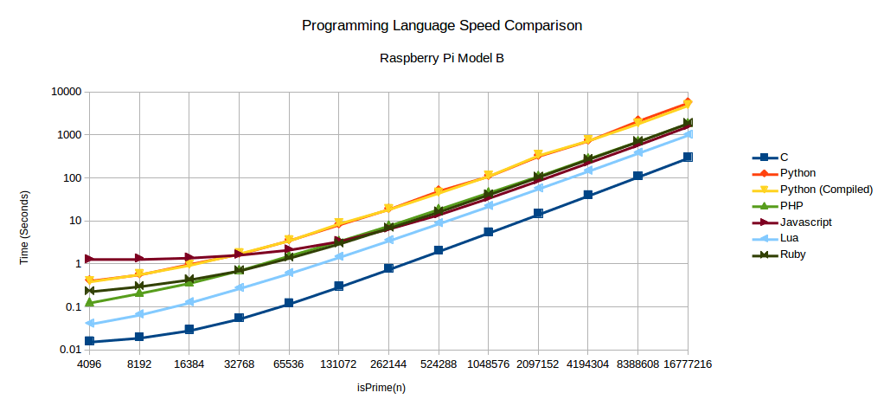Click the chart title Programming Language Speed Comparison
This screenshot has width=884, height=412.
coord(441,25)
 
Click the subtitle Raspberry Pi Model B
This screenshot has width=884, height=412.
coord(441,59)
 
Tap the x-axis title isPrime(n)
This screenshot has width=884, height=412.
coord(381,388)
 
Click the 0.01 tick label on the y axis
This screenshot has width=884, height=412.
coord(69,350)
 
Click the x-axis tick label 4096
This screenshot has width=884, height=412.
coord(89,365)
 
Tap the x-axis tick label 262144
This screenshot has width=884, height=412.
coord(388,365)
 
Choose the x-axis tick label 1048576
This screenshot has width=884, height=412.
coord(488,365)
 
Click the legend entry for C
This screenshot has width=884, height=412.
coord(784,158)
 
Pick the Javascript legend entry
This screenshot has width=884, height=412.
coord(805,222)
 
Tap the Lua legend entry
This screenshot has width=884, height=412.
coord(788,238)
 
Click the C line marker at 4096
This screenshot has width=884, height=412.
coord(89,341)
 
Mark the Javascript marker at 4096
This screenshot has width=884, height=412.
coord(89,259)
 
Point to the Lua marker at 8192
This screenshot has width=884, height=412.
coord(139,314)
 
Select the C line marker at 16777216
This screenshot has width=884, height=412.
coord(688,157)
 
